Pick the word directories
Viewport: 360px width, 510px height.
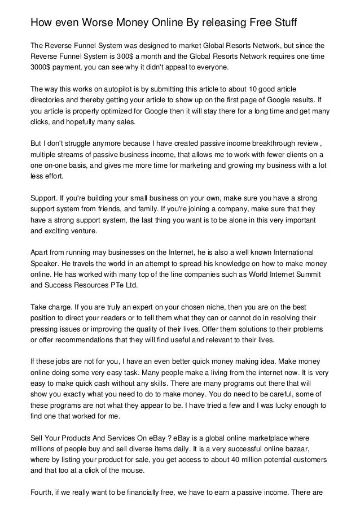[x=49, y=100]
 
